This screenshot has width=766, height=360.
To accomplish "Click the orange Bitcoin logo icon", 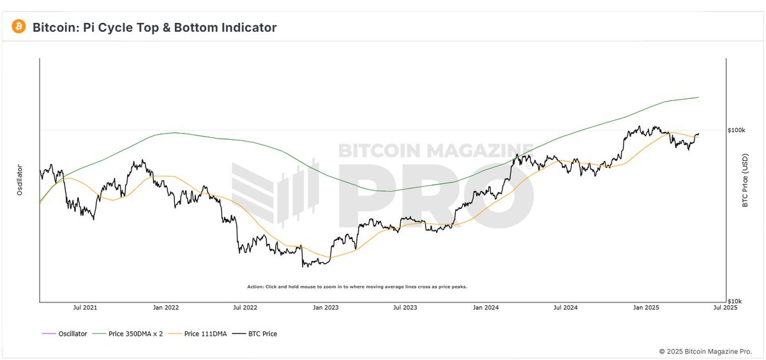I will click(x=19, y=27).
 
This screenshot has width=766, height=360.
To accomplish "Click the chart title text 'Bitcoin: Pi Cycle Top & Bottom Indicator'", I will click(x=154, y=27).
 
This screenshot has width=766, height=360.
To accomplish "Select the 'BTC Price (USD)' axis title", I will click(x=745, y=179).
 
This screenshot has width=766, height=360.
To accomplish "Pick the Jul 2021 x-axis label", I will click(x=85, y=308).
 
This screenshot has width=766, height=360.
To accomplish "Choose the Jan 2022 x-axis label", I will click(x=167, y=308).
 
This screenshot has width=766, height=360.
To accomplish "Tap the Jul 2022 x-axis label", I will click(x=245, y=308).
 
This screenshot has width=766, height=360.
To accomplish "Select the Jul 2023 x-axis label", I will click(x=405, y=308).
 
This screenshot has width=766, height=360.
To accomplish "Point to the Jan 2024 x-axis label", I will click(x=486, y=308).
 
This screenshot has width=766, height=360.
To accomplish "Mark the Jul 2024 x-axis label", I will click(x=566, y=308).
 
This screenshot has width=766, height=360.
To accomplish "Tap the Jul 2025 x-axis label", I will click(x=725, y=308).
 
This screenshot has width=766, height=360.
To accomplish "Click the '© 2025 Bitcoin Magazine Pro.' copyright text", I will click(x=709, y=351).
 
